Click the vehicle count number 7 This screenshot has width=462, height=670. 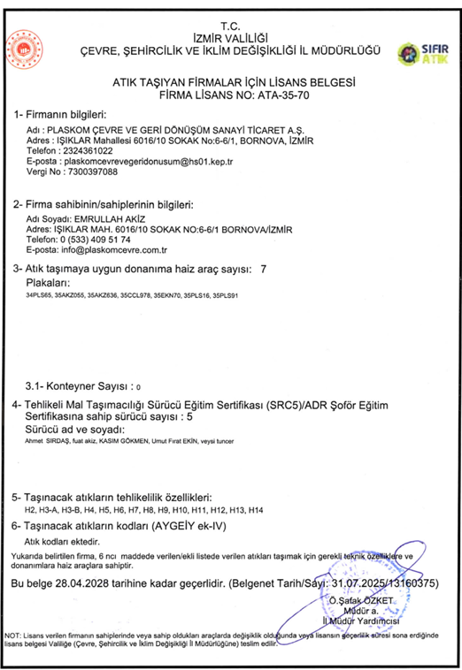click(264, 267)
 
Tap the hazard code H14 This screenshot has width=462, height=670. click(257, 511)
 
